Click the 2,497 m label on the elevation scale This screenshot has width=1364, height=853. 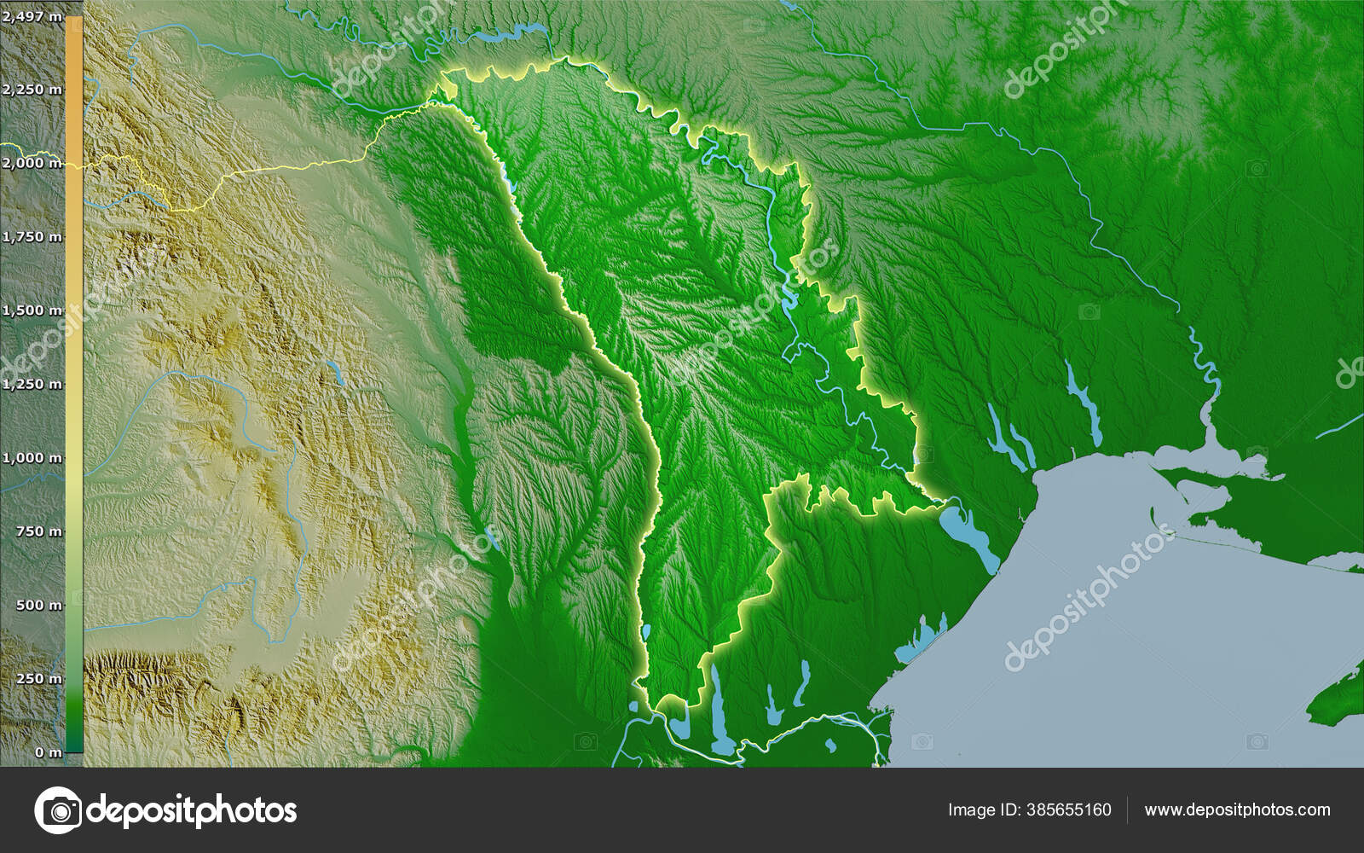(x=31, y=15)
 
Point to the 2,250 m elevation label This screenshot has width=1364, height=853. (x=32, y=90)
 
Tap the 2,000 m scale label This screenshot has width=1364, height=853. (x=32, y=163)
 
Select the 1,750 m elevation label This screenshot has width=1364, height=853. (x=32, y=237)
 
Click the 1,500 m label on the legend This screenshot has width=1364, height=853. (x=32, y=310)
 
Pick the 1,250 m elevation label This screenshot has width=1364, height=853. (x=32, y=384)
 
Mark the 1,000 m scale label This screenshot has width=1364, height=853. (x=32, y=458)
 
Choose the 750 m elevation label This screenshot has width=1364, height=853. (x=38, y=531)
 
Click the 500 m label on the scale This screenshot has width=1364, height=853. (x=38, y=606)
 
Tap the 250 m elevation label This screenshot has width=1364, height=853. (x=38, y=679)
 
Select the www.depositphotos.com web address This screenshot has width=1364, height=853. (x=1237, y=809)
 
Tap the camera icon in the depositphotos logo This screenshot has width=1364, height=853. (x=58, y=809)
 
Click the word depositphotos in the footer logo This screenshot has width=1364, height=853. (x=192, y=809)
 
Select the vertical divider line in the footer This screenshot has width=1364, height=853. (x=1127, y=809)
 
